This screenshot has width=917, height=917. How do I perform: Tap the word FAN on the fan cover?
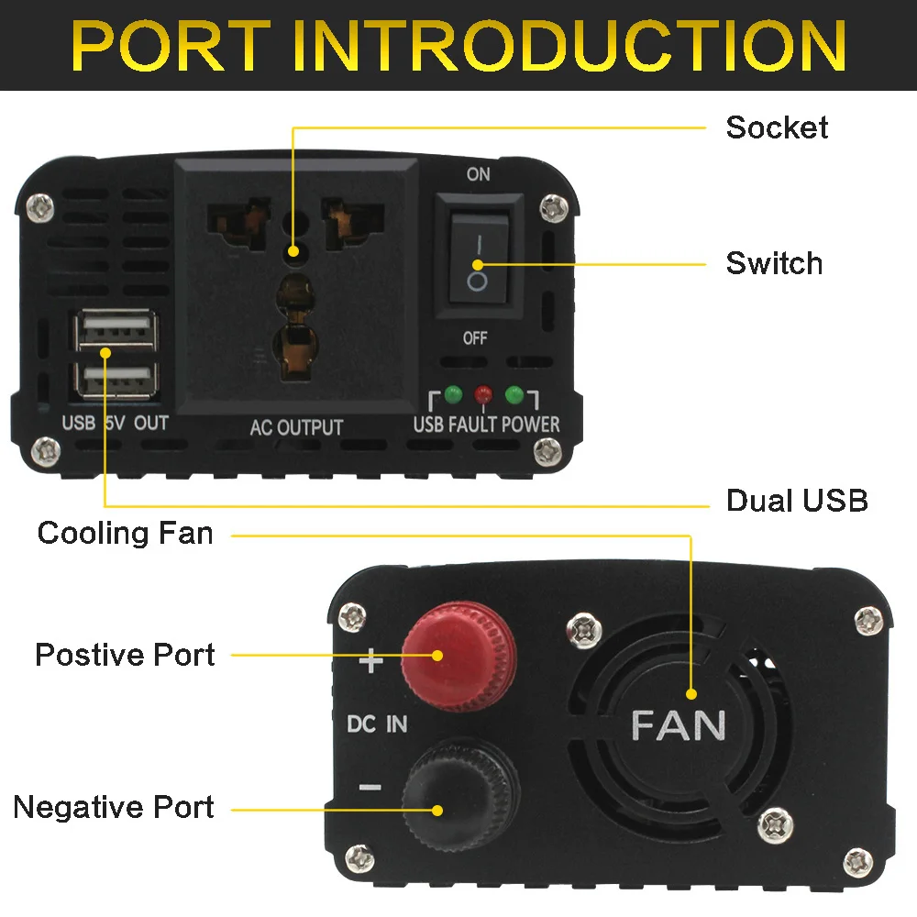(679, 725)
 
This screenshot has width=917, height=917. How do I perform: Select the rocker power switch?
(477, 260)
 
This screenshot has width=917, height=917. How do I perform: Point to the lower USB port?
(116, 378)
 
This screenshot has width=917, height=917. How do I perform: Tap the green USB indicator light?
(453, 395)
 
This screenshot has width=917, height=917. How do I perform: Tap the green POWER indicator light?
(514, 395)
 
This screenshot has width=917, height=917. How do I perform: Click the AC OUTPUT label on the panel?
(296, 427)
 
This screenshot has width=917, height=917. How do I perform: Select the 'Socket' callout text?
(777, 127)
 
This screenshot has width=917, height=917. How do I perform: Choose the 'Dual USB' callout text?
(796, 501)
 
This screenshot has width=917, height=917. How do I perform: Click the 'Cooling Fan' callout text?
(125, 533)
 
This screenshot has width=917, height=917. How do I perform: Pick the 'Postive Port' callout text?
(125, 655)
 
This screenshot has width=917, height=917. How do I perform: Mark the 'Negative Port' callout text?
(114, 807)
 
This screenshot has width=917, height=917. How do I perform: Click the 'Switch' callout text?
(774, 263)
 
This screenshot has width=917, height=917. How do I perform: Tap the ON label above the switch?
(478, 174)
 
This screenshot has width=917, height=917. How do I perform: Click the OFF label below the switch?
(475, 338)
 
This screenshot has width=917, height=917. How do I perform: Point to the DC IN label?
(377, 724)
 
